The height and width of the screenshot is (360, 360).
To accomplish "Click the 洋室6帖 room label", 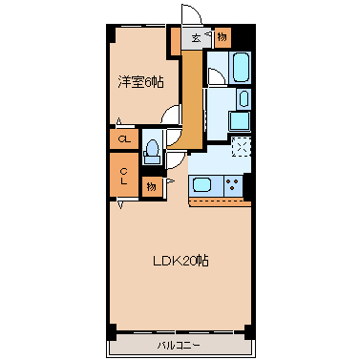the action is click(x=141, y=82).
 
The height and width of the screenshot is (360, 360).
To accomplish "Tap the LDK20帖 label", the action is click(x=180, y=261).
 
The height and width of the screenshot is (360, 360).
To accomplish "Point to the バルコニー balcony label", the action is click(x=179, y=345).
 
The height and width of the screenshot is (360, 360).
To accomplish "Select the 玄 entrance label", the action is click(x=196, y=38).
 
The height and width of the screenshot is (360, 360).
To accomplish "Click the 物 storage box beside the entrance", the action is click(x=222, y=37).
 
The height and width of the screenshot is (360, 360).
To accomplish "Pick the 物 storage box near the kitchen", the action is click(x=152, y=187).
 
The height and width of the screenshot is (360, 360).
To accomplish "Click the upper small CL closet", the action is click(x=124, y=138).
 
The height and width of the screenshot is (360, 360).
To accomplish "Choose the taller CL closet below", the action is click(x=124, y=175).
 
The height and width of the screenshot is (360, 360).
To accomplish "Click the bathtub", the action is click(x=241, y=67).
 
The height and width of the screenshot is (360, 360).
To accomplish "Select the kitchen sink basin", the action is click(x=201, y=185).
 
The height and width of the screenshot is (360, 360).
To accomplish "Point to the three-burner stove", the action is click(x=233, y=185).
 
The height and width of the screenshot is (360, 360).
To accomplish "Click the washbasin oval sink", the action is click(x=244, y=98).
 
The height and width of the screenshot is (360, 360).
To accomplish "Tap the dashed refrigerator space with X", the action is click(x=242, y=147).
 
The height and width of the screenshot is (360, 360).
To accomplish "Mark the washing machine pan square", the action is click(x=240, y=120).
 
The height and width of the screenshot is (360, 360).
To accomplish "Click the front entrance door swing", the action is click(x=192, y=13).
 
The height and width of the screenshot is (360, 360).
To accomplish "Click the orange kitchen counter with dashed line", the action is click(x=220, y=201).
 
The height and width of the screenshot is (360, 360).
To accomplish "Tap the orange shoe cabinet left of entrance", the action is click(x=176, y=41).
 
